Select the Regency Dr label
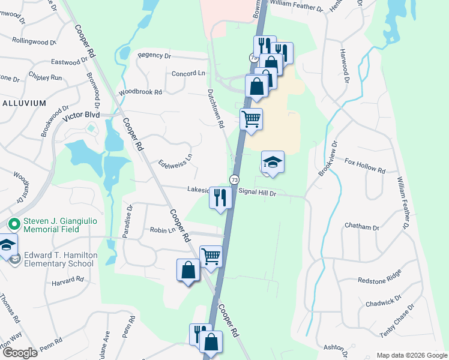pos(154,55)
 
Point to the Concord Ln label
pos(188,73)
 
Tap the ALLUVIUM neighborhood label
pos(24,103)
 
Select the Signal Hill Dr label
pos(257,192)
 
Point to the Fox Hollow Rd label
pos(364,166)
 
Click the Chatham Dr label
pos(362,227)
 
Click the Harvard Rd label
pos(67,281)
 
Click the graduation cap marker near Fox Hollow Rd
pos(273,161)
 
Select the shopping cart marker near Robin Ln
pos(211,257)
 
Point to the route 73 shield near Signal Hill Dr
pos(234,180)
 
